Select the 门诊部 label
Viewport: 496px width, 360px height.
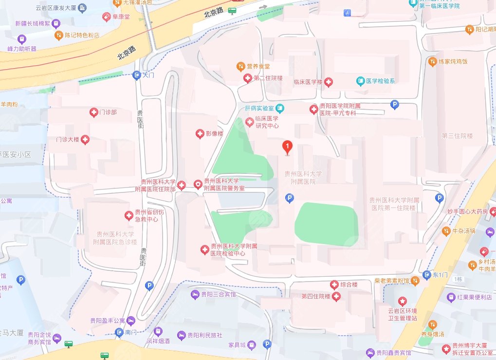(x=108, y=113)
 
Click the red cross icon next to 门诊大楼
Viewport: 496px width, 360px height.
(x=86, y=140)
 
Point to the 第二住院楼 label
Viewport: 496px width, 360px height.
(x=268, y=78)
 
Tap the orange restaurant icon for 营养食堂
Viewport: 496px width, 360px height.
(x=240, y=66)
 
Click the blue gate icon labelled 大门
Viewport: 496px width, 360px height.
(x=136, y=75)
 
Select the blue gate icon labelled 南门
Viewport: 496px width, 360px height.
(x=119, y=333)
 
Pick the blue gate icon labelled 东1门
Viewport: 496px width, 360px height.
(x=427, y=275)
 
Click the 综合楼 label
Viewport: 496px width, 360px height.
(x=349, y=284)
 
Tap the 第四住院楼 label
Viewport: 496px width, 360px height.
(x=316, y=296)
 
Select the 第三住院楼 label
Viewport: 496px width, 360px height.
(x=457, y=136)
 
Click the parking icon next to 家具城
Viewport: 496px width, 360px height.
(x=267, y=344)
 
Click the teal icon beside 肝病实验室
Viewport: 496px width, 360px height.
(x=280, y=108)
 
